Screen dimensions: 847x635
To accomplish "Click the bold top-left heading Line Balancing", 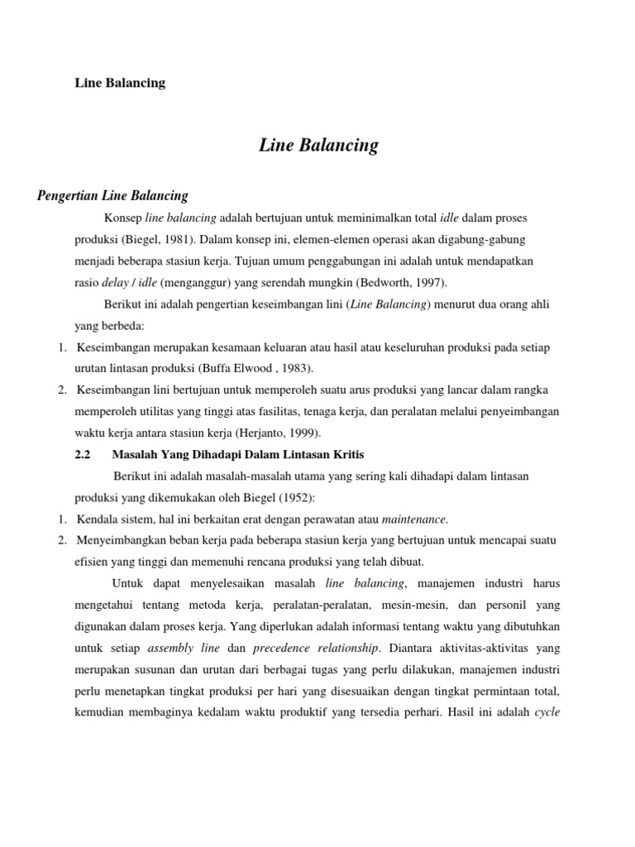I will tap(120, 83).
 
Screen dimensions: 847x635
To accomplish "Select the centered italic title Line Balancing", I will tap(318, 146).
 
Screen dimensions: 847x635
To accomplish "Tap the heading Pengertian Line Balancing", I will tap(113, 196).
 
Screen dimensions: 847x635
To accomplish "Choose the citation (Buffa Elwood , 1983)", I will tap(256, 368).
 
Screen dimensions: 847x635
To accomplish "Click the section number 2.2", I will tap(83, 454).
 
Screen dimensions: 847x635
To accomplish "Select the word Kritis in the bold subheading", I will tap(347, 454).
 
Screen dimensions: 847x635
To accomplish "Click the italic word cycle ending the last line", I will tap(549, 712).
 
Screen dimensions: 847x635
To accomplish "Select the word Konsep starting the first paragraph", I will tap(122, 218).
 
